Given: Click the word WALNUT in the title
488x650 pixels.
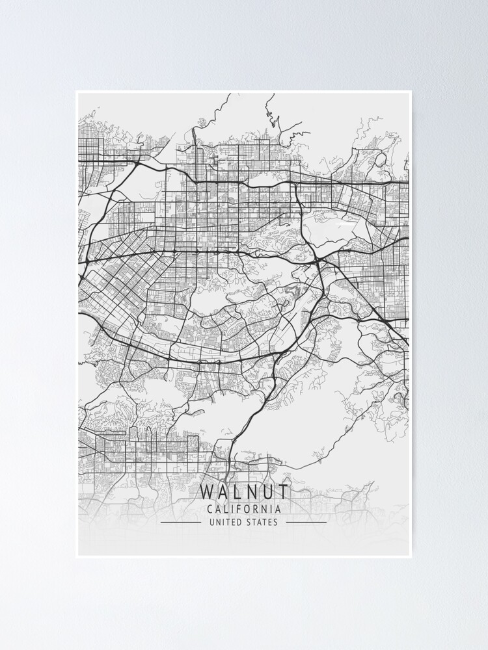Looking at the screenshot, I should (x=244, y=491).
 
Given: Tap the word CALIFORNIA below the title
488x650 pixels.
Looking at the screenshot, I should (x=244, y=509).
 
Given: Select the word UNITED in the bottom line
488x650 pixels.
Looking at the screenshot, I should (x=224, y=522).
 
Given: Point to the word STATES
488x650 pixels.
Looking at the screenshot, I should (x=262, y=522).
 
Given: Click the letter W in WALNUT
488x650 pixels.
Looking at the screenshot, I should (x=208, y=491).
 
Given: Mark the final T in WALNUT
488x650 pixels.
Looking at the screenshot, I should (x=282, y=491).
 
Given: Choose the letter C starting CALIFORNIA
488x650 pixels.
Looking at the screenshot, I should (x=209, y=509).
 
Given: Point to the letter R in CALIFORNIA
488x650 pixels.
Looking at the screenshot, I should (x=257, y=509).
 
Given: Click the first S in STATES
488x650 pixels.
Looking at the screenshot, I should (x=248, y=522).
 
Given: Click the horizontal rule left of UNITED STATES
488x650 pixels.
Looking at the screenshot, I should (x=180, y=522).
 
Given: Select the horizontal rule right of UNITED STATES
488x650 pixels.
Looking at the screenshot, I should (x=306, y=522).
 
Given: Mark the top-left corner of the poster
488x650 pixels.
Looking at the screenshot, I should (x=76, y=91).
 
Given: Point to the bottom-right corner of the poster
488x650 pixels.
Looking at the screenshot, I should (x=411, y=557).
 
